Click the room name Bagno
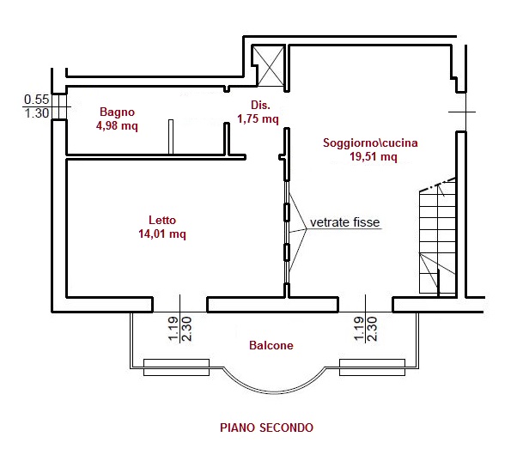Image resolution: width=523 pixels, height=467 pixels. click(x=117, y=112)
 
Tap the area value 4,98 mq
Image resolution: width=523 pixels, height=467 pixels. click(x=117, y=125)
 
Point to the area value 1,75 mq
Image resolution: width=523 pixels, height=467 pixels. click(x=258, y=119)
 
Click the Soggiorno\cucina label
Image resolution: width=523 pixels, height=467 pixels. click(x=370, y=143)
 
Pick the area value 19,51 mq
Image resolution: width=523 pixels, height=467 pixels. click(x=373, y=157)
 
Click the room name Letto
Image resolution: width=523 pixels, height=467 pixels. click(x=161, y=219)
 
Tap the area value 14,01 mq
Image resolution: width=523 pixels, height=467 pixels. click(x=161, y=233)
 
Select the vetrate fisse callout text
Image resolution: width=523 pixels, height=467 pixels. click(x=345, y=222)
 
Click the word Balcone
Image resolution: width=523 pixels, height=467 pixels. click(x=271, y=346)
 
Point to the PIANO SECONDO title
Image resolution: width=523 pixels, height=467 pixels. click(x=266, y=427)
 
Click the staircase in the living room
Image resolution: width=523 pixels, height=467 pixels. click(x=435, y=240)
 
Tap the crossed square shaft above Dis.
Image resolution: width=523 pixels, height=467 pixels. click(x=269, y=66)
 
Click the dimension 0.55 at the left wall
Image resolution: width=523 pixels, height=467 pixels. click(x=36, y=100)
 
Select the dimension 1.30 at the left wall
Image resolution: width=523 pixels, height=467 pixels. click(x=36, y=113)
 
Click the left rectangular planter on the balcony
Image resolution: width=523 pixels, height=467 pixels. click(x=175, y=367)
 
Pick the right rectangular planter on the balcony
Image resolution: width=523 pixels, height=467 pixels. click(x=371, y=367)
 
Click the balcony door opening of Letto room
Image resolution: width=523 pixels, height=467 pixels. click(x=179, y=304)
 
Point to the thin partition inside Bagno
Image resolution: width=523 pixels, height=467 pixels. click(x=171, y=136)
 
